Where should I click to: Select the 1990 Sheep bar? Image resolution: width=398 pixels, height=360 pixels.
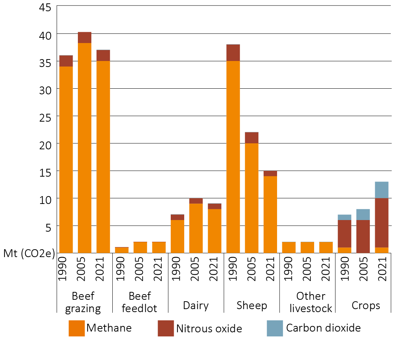(233, 150)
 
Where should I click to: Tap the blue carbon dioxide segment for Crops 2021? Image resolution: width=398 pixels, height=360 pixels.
(382, 190)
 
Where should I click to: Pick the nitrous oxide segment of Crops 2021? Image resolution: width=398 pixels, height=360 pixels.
(382, 223)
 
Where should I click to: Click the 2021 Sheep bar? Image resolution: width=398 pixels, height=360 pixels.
(270, 213)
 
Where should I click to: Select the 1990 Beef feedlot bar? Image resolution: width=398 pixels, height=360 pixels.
(121, 250)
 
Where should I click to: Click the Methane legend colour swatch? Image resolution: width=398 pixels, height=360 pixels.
(76, 328)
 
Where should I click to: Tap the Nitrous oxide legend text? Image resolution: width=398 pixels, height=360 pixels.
(209, 329)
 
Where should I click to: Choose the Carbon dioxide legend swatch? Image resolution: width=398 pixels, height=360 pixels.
(275, 328)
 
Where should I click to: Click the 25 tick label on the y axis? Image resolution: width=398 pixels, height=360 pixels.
(47, 116)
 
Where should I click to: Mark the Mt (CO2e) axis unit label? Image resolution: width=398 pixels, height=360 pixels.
(29, 253)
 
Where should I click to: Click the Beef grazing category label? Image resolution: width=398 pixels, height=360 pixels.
(83, 302)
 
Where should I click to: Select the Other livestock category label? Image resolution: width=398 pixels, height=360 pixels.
(310, 302)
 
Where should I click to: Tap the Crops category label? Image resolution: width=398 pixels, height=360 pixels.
(365, 305)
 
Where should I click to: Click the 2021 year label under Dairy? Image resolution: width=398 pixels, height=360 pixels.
(214, 269)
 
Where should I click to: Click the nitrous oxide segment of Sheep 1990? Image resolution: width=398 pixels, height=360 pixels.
(233, 53)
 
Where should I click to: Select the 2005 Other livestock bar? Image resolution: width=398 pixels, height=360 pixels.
(307, 247)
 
